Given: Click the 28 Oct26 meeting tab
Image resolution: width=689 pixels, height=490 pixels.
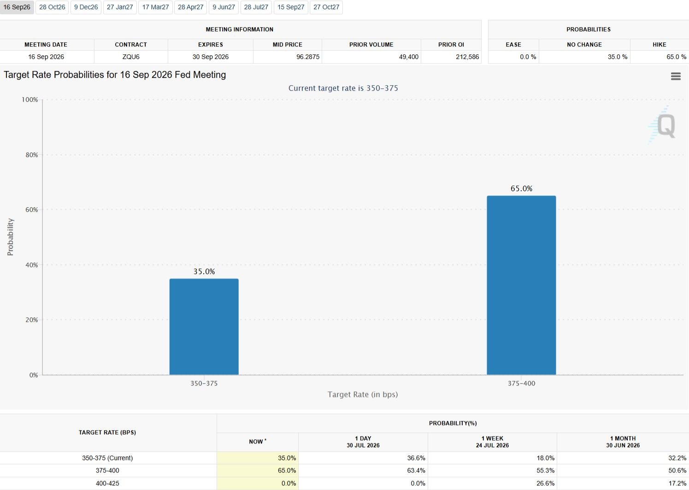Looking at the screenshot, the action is point(52,7).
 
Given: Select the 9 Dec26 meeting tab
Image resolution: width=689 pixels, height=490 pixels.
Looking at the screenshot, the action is point(86,7).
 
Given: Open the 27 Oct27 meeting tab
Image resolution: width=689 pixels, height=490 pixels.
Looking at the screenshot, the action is point(326,7).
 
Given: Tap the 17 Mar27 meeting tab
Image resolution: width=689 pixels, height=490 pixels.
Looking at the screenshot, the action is point(155,7).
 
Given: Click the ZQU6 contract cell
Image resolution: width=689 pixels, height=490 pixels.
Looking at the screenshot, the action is point(131,57).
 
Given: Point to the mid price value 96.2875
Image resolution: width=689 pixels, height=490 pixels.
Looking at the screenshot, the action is point(307,57).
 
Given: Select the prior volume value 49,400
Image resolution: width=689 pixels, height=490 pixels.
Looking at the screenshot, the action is point(408,57).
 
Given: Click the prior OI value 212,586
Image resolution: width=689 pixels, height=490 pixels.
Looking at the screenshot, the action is point(467,57).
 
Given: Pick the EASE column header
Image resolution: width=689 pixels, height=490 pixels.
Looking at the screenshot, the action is point(513,45).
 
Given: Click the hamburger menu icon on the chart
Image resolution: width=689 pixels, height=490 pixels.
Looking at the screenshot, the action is point(676,76).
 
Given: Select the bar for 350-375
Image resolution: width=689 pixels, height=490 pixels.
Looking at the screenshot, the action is point(204,327).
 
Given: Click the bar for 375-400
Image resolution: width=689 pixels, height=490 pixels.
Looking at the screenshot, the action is point(521,285).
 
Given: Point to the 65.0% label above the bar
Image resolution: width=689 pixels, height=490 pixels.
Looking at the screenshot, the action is point(521,188).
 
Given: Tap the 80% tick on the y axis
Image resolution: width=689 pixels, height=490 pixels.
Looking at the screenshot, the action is point(32,155).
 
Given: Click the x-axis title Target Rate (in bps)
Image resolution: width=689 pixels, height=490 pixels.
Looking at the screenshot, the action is point(363,394).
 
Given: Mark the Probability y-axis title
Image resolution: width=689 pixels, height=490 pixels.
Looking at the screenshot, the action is point(10,237).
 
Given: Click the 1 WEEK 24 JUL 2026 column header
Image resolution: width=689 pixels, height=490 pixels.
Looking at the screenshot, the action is point(492,442).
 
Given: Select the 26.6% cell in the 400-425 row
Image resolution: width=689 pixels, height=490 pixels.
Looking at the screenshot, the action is point(545,483).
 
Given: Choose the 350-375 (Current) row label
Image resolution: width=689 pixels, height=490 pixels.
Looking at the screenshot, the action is point(107,458).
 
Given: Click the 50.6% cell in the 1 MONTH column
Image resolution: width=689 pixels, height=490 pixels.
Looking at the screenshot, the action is point(677,471).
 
